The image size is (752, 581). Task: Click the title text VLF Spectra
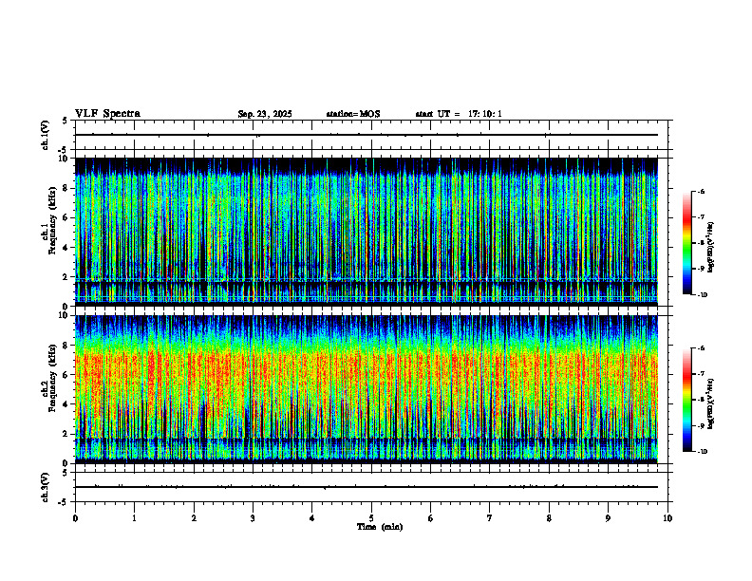pos(107,114)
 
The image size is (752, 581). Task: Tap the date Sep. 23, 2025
pos(264,114)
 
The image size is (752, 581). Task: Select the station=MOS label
pos(352,114)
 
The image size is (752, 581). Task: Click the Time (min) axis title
pos(379,526)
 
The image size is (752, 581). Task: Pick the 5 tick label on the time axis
pos(371,517)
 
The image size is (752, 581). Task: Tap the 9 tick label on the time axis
pos(609,517)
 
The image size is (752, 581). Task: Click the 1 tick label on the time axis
pos(135,517)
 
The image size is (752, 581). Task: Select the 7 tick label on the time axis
pos(490,517)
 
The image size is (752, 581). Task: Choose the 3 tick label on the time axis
pos(253,517)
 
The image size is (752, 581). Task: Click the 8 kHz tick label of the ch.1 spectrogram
pos(65,188)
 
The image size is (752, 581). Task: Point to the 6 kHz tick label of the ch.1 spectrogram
pos(65,217)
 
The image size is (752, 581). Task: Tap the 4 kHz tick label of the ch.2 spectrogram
pos(65,403)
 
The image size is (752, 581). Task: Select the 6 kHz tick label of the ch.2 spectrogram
pos(65,374)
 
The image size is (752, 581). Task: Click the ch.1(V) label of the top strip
pos(46,135)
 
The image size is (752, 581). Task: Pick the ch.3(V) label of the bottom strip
pos(46,486)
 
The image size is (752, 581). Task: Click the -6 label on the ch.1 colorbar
pos(701,191)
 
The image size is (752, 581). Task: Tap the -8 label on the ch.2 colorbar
pos(701,401)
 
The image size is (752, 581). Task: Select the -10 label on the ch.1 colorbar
pos(701,294)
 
